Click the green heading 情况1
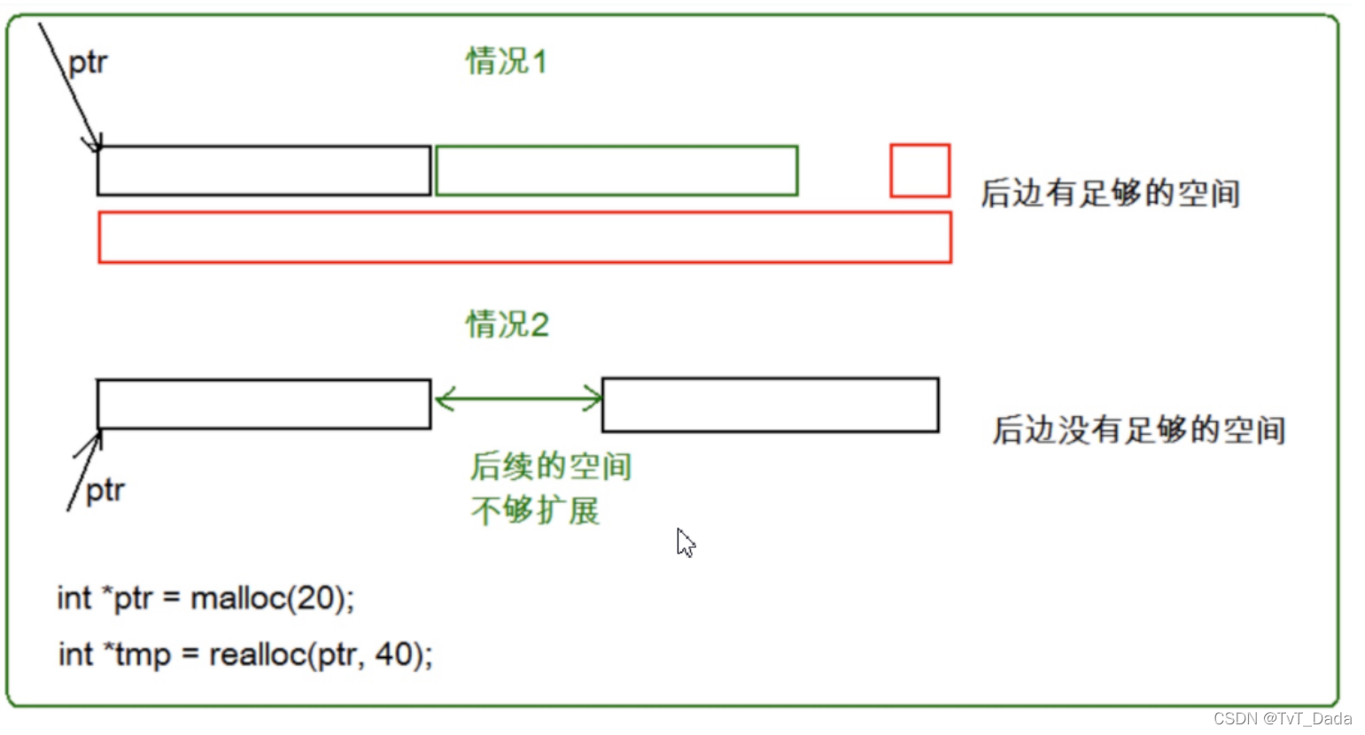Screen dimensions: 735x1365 (507, 62)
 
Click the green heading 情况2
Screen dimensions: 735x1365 (508, 325)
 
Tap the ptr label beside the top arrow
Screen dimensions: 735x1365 (88, 63)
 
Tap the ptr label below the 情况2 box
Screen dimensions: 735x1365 (105, 491)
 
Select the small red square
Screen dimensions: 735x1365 (919, 170)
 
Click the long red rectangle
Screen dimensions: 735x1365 (524, 237)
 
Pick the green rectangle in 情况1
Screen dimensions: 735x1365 (617, 170)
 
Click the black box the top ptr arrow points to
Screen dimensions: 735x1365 (264, 170)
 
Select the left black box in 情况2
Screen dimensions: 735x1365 (264, 404)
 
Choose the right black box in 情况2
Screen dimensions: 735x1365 (770, 405)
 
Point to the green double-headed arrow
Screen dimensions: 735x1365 (519, 398)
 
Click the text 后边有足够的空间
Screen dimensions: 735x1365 (1110, 193)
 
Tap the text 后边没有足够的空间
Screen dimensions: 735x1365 (1138, 430)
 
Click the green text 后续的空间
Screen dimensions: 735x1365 (551, 466)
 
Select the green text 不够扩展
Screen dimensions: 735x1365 (535, 511)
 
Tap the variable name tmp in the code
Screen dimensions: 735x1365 (143, 655)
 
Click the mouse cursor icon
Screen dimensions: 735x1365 (686, 543)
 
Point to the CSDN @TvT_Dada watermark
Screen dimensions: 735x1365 (1282, 718)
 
